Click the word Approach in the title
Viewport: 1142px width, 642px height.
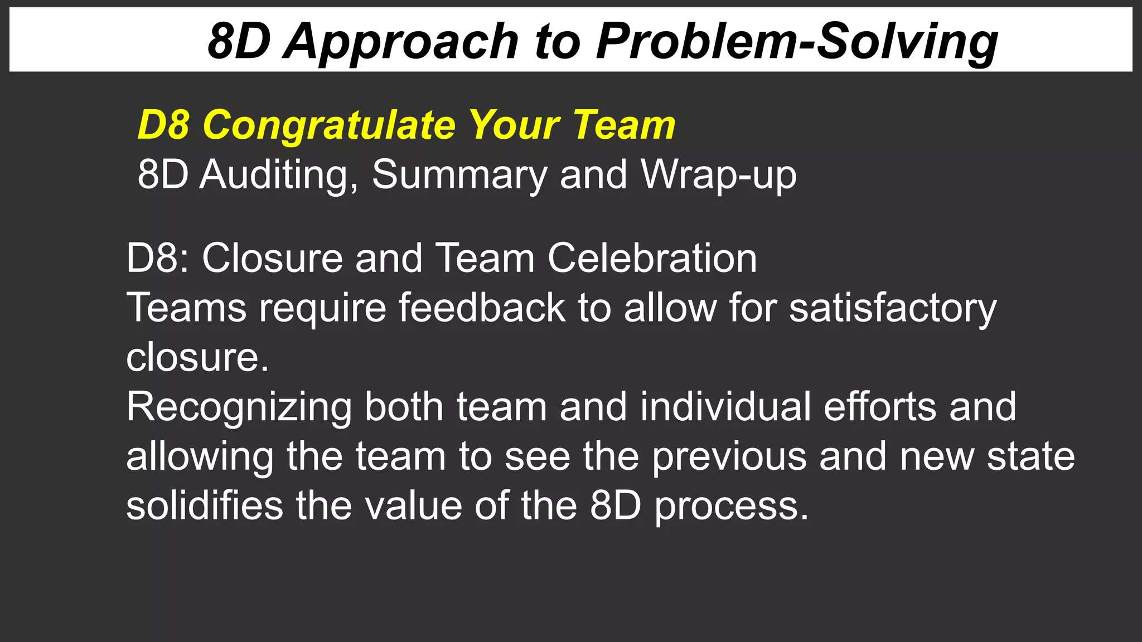pos(400,41)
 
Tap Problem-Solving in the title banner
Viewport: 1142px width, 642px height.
pos(797,41)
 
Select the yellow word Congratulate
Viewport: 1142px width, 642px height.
pos(329,125)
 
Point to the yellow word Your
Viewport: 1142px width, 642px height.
pos(514,125)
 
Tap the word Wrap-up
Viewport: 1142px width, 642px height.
pos(719,175)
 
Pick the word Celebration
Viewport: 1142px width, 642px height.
pos(652,258)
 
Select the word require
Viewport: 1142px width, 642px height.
pos(322,308)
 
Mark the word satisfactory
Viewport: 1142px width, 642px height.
pos(892,308)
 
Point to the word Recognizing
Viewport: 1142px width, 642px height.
pos(239,407)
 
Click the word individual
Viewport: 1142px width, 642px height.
pos(725,407)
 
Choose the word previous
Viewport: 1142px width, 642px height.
pos(729,456)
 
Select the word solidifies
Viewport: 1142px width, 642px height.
pos(205,506)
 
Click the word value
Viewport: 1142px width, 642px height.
pos(413,506)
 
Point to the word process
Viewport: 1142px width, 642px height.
pos(731,506)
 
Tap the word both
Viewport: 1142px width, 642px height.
pos(404,407)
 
